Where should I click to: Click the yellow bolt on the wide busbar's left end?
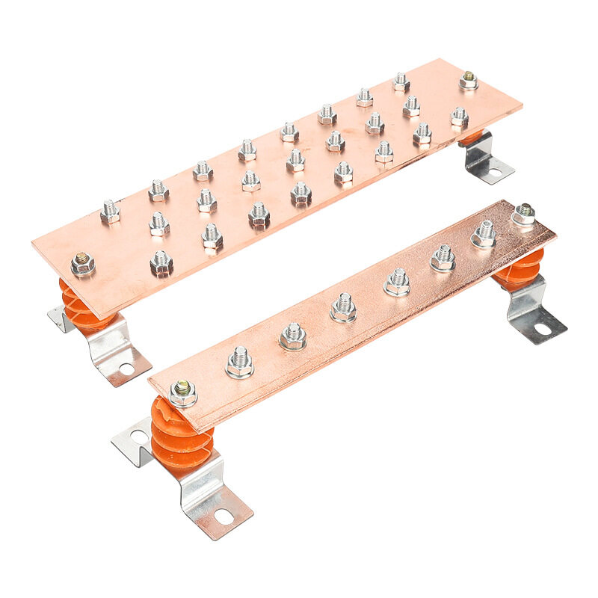click(x=82, y=263)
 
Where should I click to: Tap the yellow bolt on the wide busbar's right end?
click(x=469, y=80)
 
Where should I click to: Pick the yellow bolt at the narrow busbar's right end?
click(x=523, y=214)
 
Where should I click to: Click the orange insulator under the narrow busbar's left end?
click(x=180, y=437)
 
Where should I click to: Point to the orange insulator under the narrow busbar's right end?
click(x=520, y=268)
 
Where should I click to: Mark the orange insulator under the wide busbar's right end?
click(x=471, y=138)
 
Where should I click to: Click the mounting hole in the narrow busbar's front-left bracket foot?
click(x=224, y=516)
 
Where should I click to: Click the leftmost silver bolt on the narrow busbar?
click(x=240, y=362)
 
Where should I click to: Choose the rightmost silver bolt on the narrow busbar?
click(x=483, y=234)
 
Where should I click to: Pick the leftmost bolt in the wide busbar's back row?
click(x=110, y=212)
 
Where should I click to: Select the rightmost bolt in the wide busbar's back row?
click(x=401, y=81)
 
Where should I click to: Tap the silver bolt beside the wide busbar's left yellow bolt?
click(x=161, y=262)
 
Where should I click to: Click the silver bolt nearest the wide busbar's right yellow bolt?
click(x=460, y=116)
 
